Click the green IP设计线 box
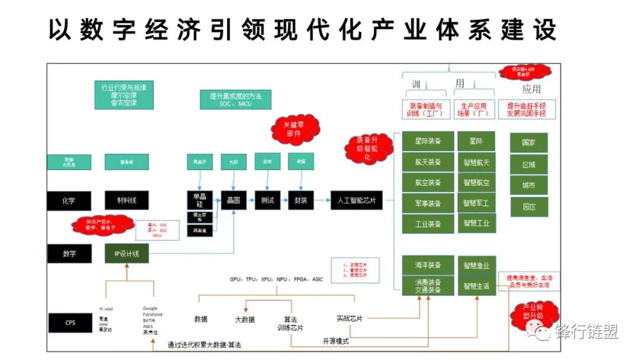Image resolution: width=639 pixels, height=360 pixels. (x=127, y=254)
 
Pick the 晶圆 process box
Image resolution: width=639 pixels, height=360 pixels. (x=233, y=201)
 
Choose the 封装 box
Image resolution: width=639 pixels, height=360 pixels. (x=301, y=201)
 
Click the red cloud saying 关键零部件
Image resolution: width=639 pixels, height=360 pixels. (x=295, y=128)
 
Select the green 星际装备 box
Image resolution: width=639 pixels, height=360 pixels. (x=428, y=142)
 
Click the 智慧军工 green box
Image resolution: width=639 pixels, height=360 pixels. (x=476, y=203)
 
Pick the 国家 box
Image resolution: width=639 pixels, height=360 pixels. (x=528, y=143)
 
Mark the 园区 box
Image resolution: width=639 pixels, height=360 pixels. (x=528, y=207)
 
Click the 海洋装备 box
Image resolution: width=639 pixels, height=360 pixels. (x=428, y=265)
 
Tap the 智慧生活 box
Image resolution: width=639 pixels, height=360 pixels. (x=476, y=286)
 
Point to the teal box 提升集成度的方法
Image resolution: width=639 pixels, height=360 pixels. (x=235, y=99)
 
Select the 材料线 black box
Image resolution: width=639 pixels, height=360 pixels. (x=127, y=201)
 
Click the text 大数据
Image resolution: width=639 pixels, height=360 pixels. (x=244, y=320)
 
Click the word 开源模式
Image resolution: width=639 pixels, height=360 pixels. (x=335, y=342)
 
